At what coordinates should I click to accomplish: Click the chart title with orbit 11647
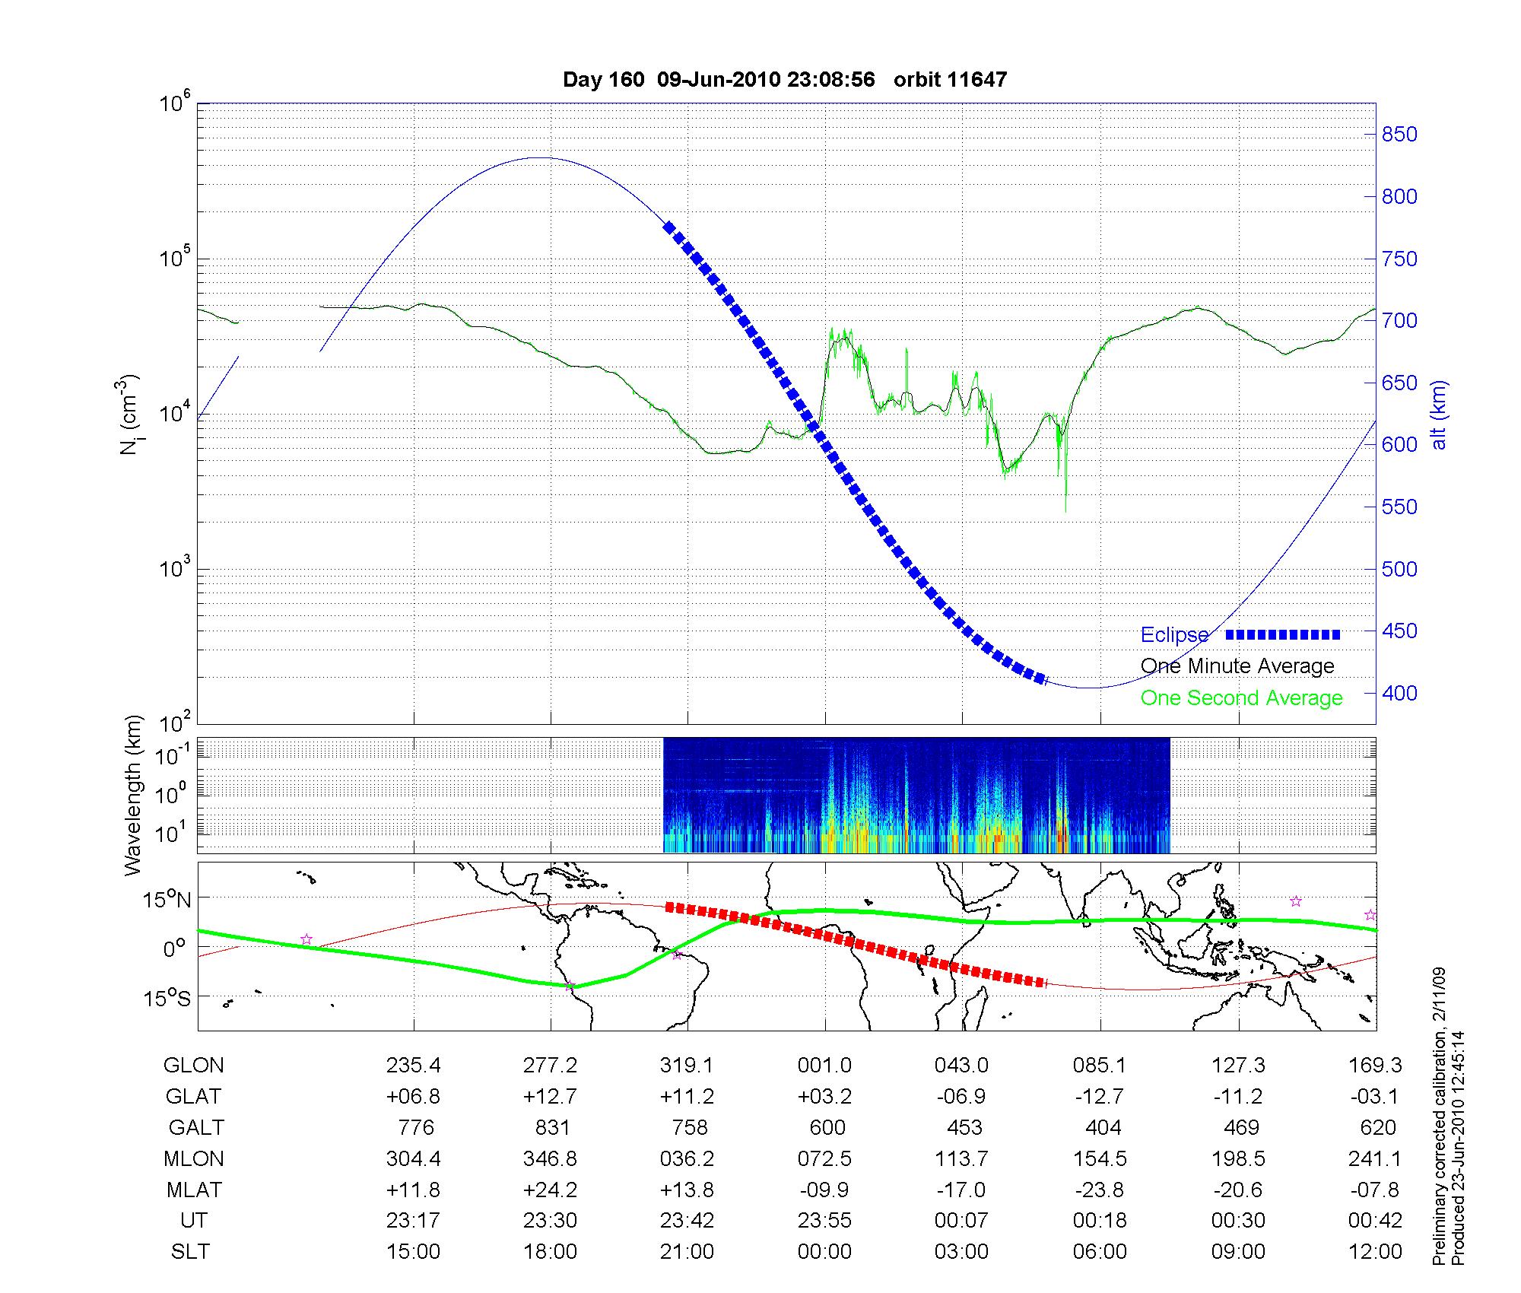pos(785,79)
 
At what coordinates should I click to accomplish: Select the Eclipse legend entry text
pos(1174,634)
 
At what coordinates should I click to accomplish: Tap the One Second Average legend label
pos(1241,697)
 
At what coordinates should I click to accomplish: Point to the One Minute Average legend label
pos(1237,666)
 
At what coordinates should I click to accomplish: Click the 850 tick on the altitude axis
pos(1399,135)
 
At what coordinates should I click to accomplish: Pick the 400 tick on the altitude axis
pos(1399,693)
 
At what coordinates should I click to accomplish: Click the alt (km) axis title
pos(1439,415)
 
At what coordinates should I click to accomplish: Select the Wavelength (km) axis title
pos(134,795)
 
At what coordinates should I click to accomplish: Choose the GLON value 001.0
pos(824,1065)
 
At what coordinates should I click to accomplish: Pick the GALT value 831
pos(552,1127)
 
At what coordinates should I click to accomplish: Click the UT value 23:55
pos(824,1220)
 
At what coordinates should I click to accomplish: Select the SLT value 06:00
pos(1100,1251)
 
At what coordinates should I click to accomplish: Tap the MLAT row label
pos(194,1190)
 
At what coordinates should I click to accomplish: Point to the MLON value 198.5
pos(1238,1158)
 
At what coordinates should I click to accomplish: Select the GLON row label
pos(194,1065)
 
